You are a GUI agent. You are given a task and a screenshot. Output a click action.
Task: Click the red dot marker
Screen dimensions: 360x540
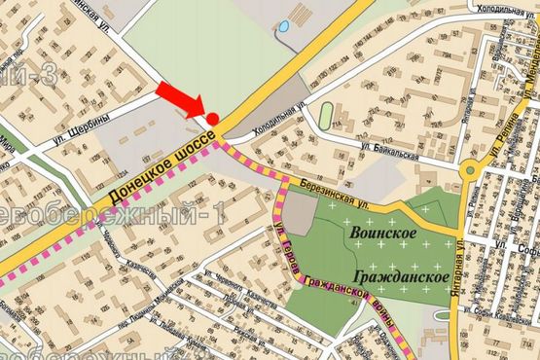click(x=212, y=119)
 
